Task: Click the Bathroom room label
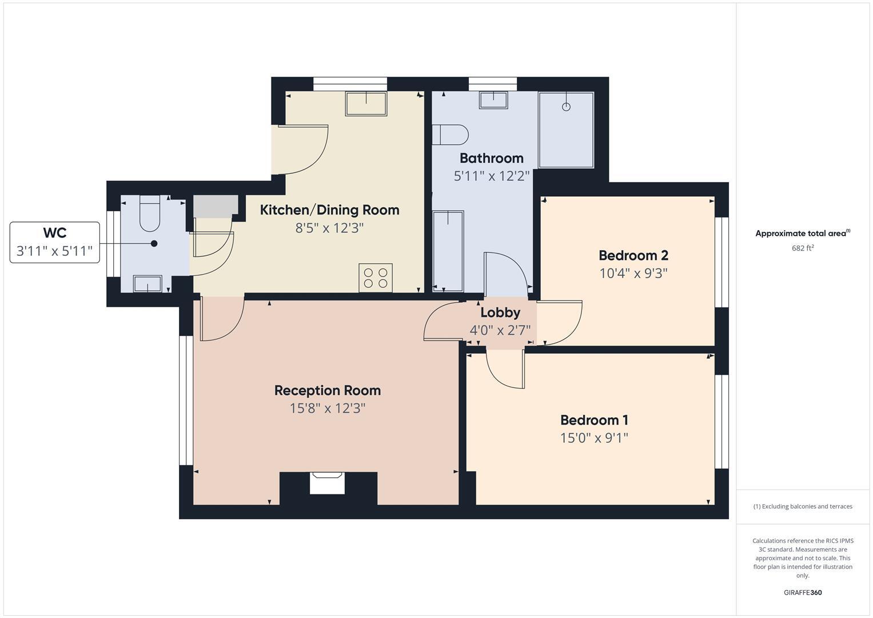491,158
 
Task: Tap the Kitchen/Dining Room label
329,210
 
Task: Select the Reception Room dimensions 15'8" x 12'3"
327,408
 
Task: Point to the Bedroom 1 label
594,420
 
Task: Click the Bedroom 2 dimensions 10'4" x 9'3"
633,273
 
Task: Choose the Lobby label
500,312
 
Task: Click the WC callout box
55,242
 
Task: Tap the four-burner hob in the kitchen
376,278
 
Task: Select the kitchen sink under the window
366,104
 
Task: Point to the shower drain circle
566,107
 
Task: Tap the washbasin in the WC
148,283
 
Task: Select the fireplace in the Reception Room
327,482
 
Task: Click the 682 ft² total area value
803,248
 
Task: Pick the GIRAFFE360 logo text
802,592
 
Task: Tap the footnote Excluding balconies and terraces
803,506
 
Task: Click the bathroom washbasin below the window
493,100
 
